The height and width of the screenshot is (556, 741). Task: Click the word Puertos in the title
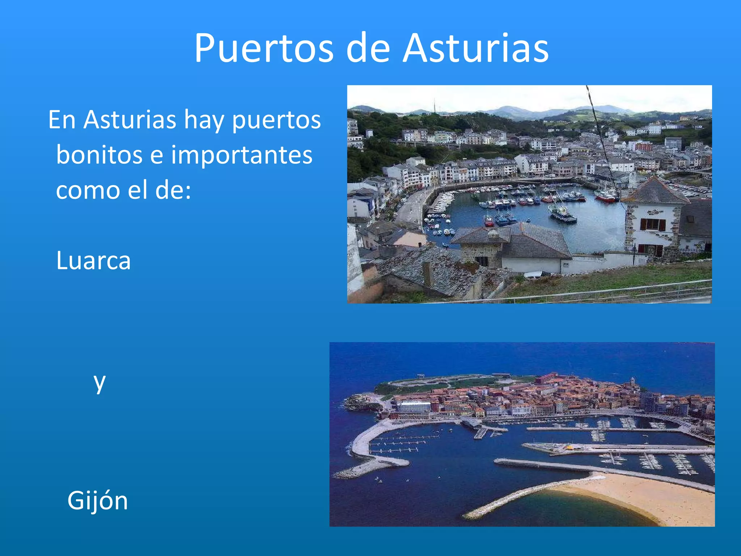pyautogui.click(x=264, y=49)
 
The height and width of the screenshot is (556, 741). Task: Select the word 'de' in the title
pyautogui.click(x=368, y=49)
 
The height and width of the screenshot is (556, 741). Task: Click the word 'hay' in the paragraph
pyautogui.click(x=204, y=120)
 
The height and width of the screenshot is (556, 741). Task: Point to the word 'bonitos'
pyautogui.click(x=99, y=155)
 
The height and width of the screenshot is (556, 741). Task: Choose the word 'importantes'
pyautogui.click(x=242, y=155)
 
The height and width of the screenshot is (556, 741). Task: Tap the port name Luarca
pyautogui.click(x=93, y=261)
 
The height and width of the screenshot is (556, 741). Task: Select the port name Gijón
pyautogui.click(x=98, y=501)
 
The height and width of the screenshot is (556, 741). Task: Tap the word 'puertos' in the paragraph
pyautogui.click(x=276, y=120)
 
